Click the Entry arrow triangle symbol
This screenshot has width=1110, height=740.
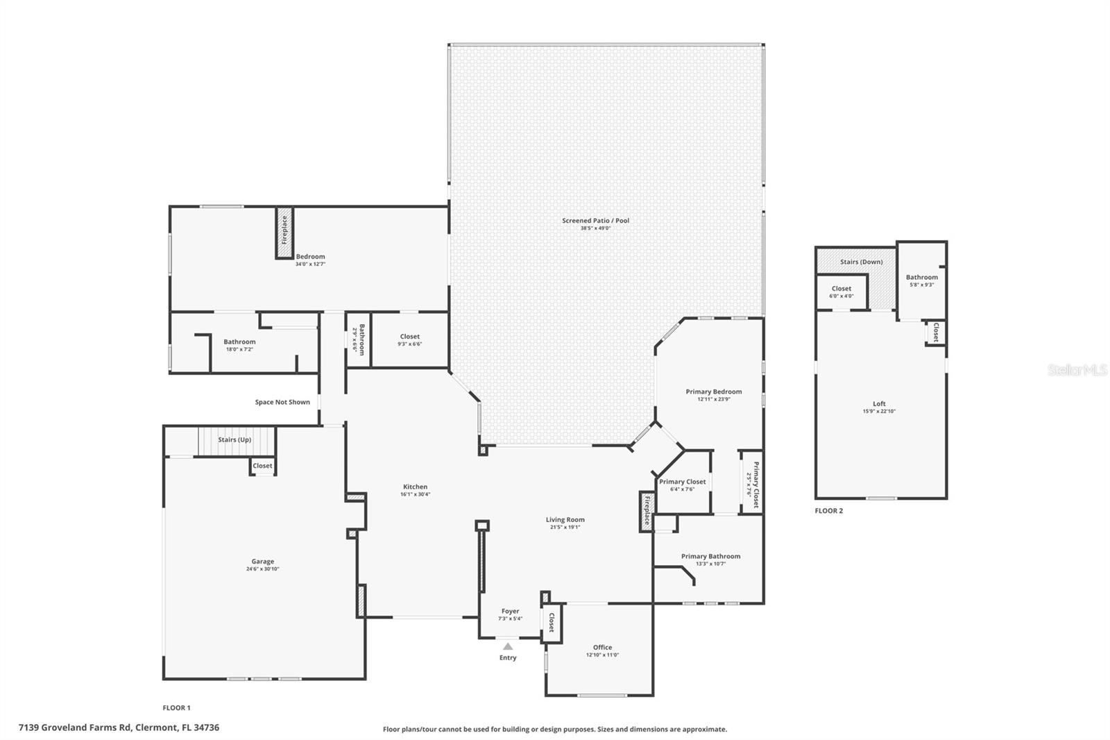click(508, 646)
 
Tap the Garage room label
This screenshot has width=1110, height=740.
click(262, 562)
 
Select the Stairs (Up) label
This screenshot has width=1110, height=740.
click(234, 439)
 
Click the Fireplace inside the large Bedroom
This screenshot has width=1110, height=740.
click(284, 232)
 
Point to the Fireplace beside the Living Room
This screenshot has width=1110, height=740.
click(647, 512)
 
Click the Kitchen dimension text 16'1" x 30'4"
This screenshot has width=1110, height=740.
click(415, 494)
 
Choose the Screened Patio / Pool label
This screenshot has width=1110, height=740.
click(595, 221)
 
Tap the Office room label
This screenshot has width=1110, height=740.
click(602, 648)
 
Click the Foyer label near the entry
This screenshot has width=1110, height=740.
click(510, 612)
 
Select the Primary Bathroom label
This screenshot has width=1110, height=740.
click(710, 556)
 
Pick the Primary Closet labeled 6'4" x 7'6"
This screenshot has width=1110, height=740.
click(682, 482)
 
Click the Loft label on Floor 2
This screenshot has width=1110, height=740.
click(879, 404)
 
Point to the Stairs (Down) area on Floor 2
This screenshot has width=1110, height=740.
click(861, 262)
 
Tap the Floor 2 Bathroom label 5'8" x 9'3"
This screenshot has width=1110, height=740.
click(921, 278)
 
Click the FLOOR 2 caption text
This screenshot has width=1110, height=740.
click(828, 511)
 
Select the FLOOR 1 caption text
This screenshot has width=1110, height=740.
click(176, 708)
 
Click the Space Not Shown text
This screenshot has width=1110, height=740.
click(282, 402)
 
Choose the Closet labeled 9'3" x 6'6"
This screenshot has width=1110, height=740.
click(409, 337)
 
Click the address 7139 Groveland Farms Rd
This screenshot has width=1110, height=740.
click(119, 728)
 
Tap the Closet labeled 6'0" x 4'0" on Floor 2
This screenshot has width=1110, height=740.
click(841, 289)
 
